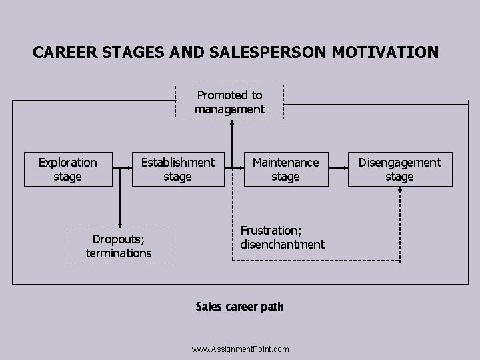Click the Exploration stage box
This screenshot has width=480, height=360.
67,169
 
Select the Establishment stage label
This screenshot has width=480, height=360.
177,169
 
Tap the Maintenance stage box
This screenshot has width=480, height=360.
285,169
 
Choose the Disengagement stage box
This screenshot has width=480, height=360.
399,169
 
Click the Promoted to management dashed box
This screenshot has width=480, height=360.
229,102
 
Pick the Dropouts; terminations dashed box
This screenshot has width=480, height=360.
119,246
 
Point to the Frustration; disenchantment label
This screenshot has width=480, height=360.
282,237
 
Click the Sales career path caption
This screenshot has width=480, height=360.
239,307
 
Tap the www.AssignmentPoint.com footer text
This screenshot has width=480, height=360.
240,349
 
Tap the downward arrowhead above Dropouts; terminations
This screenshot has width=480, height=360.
120,224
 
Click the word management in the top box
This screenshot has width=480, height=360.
229,109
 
